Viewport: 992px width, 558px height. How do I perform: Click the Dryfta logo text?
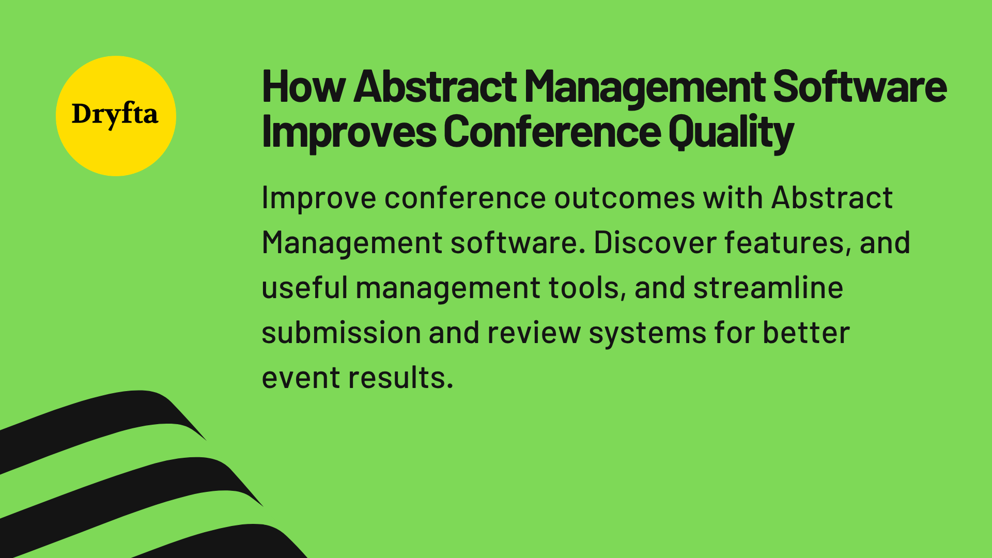(115, 114)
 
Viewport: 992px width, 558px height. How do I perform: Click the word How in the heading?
(303, 87)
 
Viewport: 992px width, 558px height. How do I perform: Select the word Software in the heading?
(860, 87)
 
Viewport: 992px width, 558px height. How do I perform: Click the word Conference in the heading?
(551, 132)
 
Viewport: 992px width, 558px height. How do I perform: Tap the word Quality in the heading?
(731, 132)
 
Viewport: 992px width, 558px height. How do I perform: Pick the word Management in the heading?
(645, 87)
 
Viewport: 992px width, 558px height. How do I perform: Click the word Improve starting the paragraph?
(319, 198)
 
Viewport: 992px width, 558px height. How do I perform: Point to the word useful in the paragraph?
(305, 288)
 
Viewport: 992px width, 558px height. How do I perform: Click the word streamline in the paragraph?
(768, 288)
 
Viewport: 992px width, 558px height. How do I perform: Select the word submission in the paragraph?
(341, 333)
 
